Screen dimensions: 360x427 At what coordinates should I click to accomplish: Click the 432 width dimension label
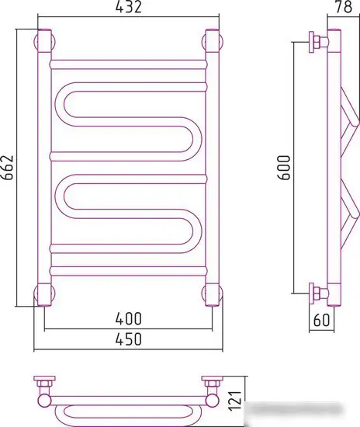coord(129,7)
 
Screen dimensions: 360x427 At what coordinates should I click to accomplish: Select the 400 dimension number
coord(129,318)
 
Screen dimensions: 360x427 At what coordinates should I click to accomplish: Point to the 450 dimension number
coord(129,339)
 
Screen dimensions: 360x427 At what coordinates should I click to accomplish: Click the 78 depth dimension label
coord(343,7)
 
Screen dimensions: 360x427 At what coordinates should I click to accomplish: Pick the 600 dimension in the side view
coord(284,168)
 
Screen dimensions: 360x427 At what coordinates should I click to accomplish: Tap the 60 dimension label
coord(321,320)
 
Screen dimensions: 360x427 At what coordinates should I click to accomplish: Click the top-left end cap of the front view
coord(44,41)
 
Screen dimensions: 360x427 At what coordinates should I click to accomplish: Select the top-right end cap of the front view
coord(213,41)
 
